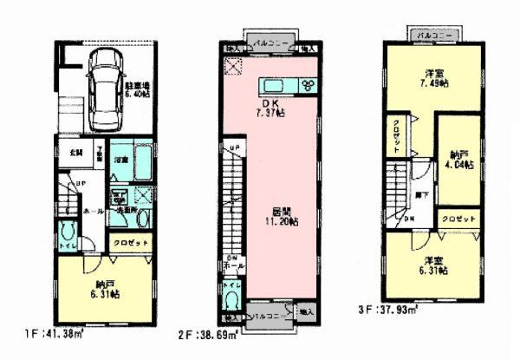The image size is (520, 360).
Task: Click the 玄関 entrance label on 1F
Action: pos(76,153)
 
